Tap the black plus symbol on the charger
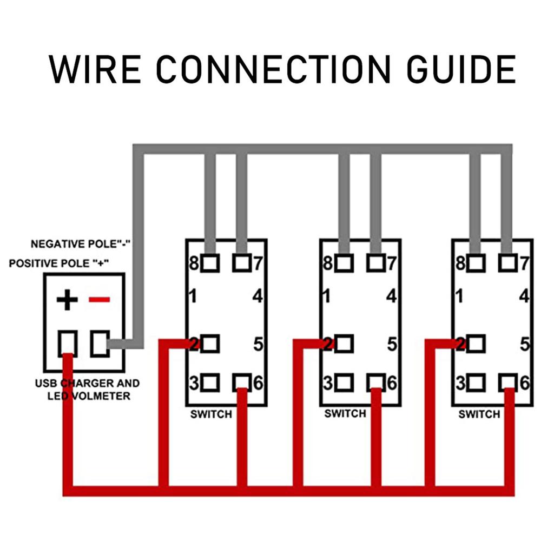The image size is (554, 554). [67, 300]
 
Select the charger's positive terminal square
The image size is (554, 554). [68, 344]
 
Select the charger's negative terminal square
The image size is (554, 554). [100, 344]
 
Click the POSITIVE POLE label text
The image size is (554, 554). [60, 264]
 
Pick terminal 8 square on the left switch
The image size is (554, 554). [210, 263]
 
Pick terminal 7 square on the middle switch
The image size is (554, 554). [376, 263]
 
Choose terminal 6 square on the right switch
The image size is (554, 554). [508, 382]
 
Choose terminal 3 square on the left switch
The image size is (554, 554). [210, 382]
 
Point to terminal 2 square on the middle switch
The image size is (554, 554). [344, 344]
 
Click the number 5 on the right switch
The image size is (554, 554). [524, 344]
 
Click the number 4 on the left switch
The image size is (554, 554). [258, 296]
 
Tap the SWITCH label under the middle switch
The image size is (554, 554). [345, 414]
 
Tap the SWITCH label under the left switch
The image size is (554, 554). [211, 414]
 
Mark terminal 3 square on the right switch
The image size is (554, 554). [476, 382]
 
